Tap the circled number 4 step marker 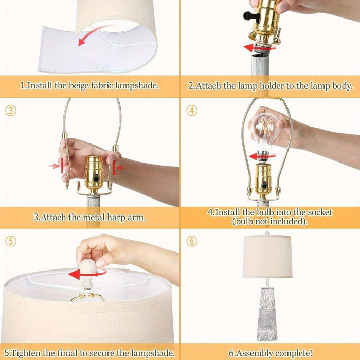(192, 110)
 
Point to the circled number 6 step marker (192, 241)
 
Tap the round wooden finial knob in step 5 (87, 268)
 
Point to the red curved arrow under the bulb (263, 156)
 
